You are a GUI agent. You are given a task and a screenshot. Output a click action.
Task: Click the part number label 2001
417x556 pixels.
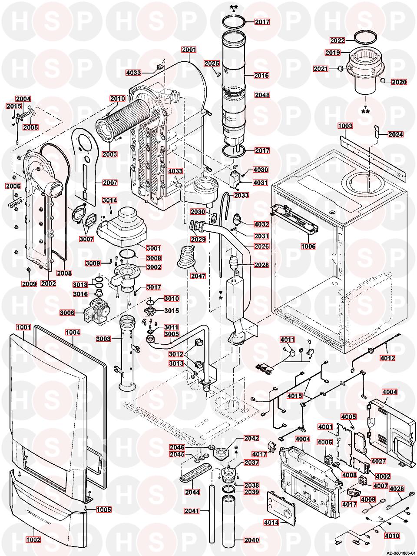tap(189, 50)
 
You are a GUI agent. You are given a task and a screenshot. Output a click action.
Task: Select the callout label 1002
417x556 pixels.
tap(34, 540)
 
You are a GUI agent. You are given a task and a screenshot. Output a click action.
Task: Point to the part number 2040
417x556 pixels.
tap(252, 540)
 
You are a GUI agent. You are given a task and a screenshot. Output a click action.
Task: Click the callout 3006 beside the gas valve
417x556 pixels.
tap(67, 312)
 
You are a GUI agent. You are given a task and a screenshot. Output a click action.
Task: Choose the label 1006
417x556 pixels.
tap(308, 246)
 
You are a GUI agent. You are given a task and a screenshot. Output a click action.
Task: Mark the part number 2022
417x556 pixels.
tap(337, 41)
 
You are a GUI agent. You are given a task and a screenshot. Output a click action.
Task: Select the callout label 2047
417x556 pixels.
tap(198, 276)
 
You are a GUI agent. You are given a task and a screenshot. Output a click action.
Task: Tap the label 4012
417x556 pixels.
tap(387, 358)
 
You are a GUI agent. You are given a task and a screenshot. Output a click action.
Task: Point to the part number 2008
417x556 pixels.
tap(64, 273)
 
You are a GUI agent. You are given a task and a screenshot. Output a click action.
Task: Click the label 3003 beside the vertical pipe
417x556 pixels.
tap(103, 339)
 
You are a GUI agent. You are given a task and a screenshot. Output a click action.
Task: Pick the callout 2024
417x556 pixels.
tap(396, 134)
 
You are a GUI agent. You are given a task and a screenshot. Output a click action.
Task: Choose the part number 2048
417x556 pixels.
tap(262, 95)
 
